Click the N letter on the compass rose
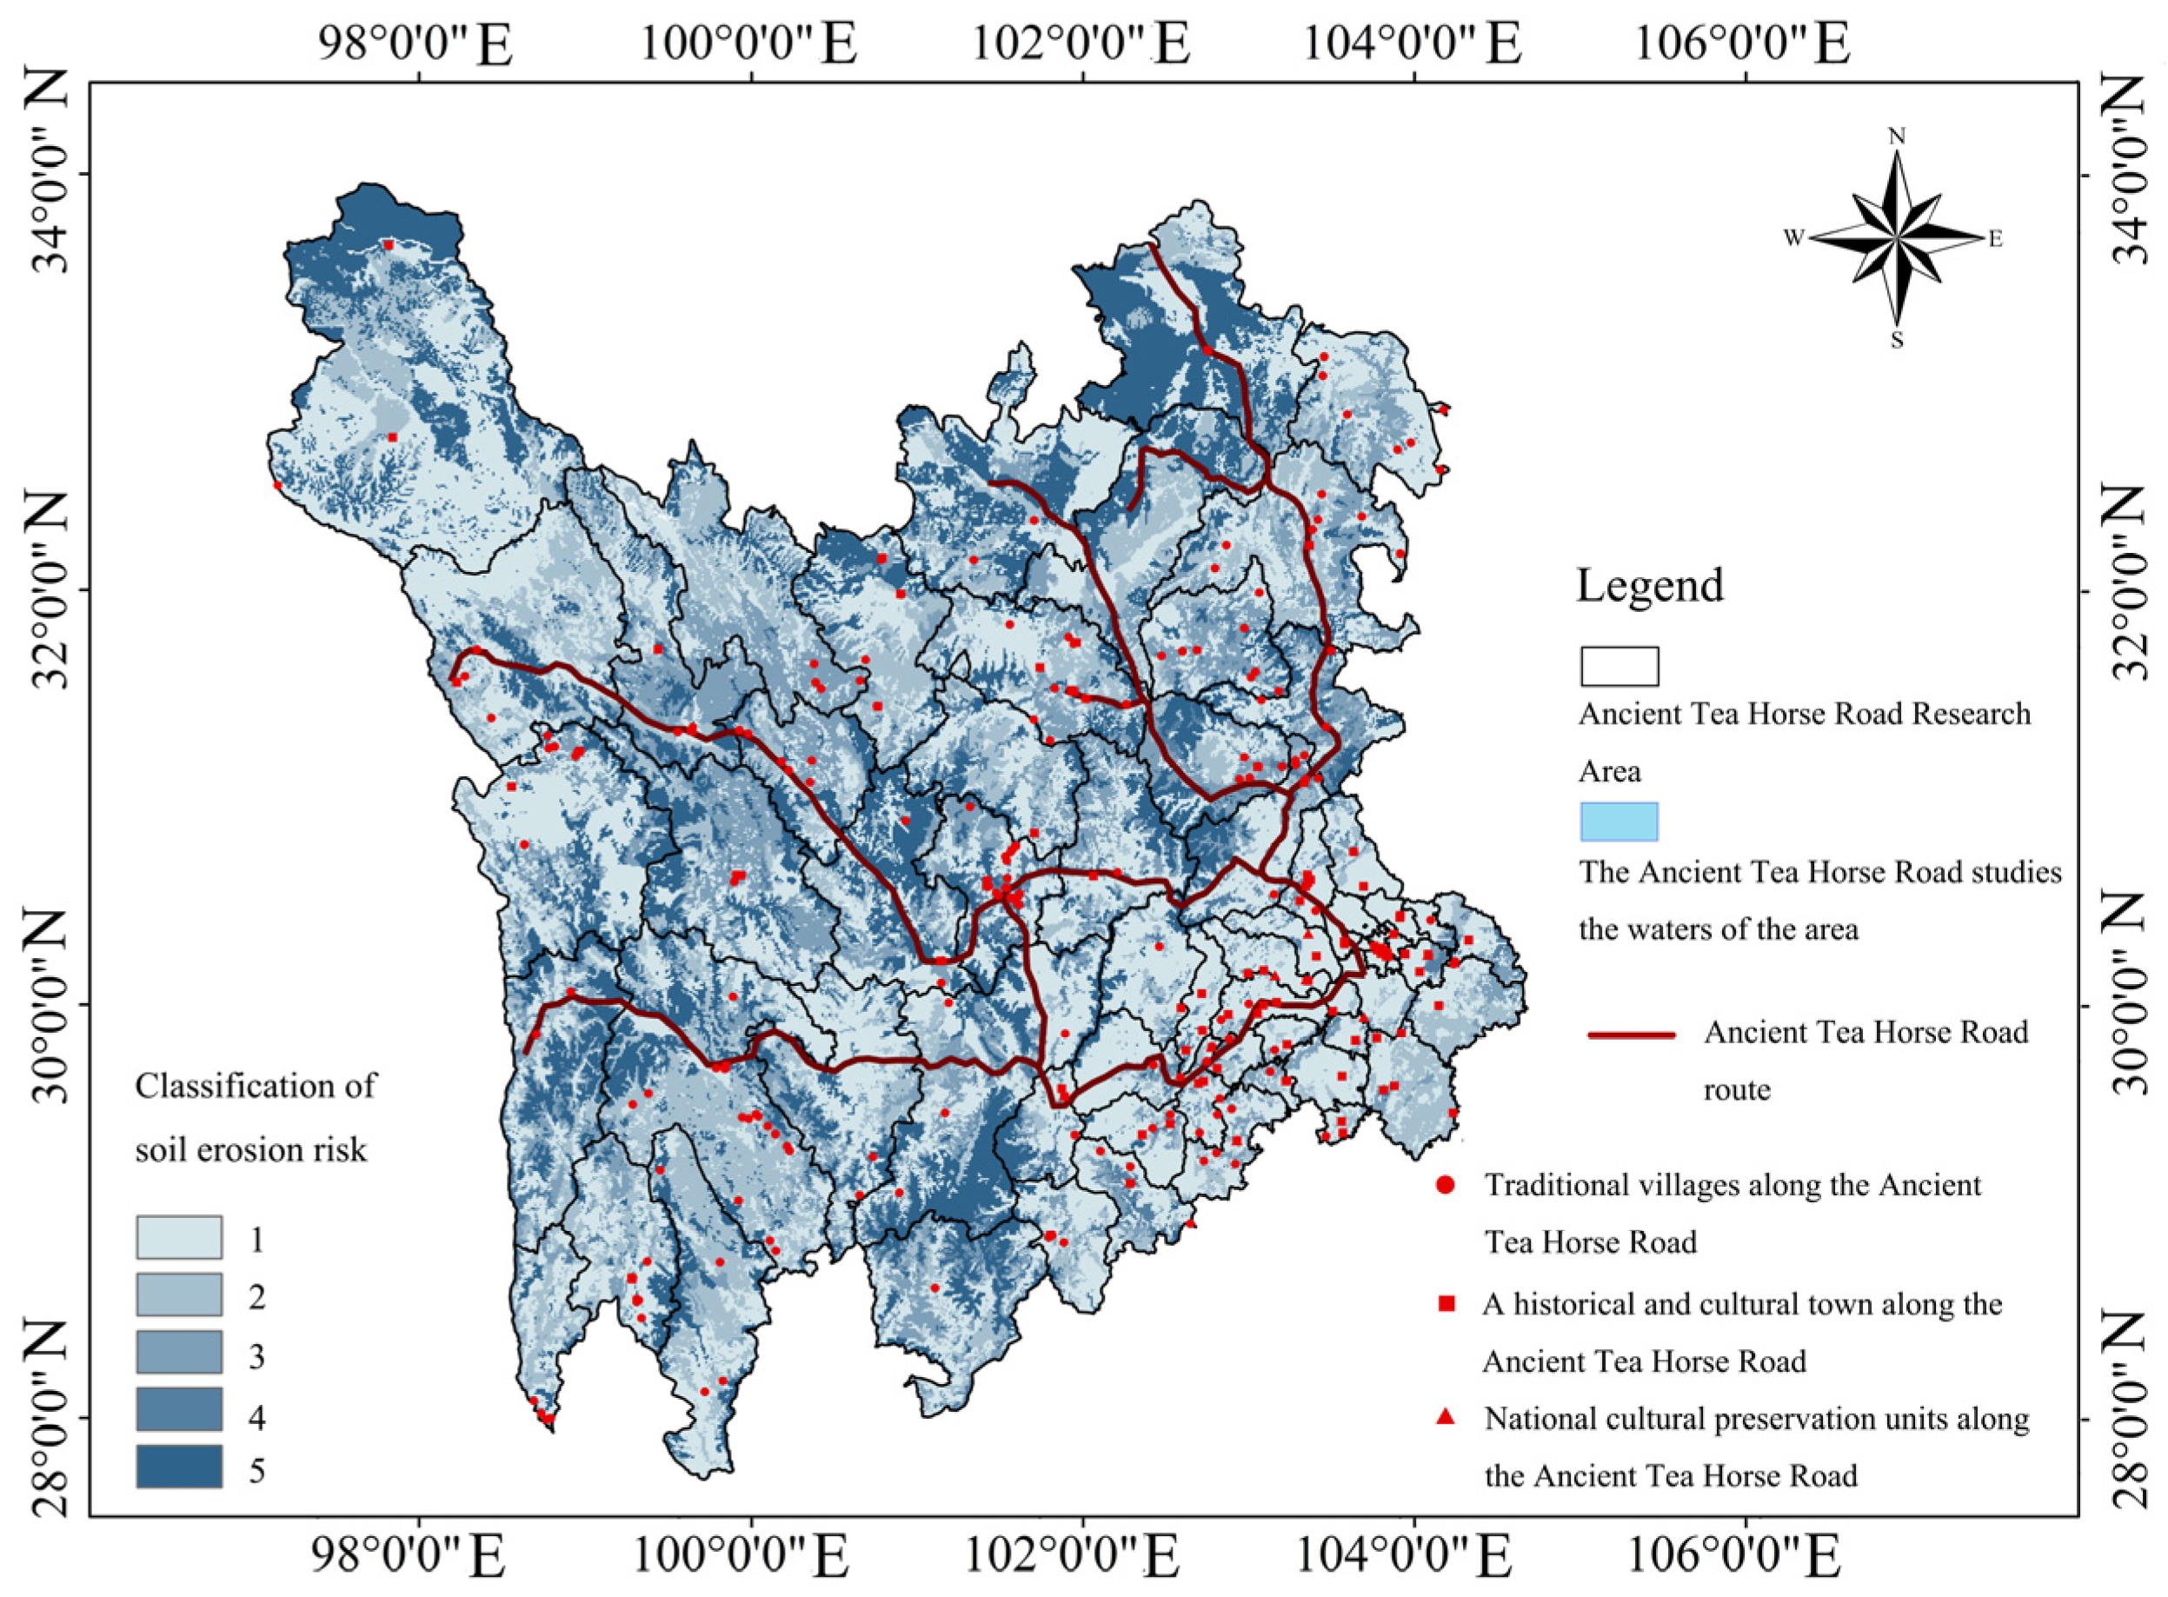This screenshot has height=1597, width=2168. click(1897, 136)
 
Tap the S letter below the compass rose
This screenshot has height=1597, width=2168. click(1897, 340)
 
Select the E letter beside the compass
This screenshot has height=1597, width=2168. click(1996, 238)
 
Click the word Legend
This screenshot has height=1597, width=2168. click(1649, 586)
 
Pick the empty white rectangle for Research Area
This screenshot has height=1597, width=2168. click(1619, 666)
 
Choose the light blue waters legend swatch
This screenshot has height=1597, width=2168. click(1619, 822)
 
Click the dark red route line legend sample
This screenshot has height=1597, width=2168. click(1632, 1035)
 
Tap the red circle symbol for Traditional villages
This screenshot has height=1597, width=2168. click(1445, 1185)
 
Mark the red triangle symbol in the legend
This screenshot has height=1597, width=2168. click(1445, 1417)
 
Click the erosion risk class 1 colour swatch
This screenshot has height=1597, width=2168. click(179, 1236)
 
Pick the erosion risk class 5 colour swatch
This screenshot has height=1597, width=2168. click(179, 1466)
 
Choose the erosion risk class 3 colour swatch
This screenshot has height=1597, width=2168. click(179, 1352)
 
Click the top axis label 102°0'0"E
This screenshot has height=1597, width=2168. click(1080, 44)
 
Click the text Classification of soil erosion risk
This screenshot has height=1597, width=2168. click(253, 1117)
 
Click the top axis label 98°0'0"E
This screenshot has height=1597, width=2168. click(416, 44)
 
